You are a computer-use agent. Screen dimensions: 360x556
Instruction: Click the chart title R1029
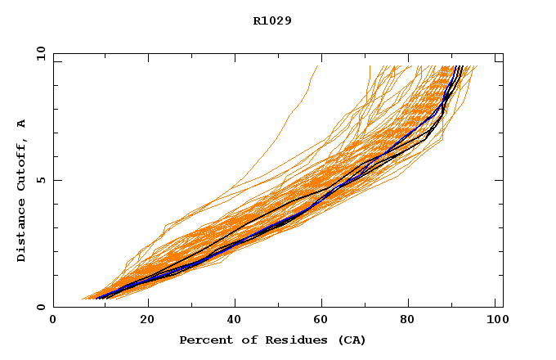coord(272,20)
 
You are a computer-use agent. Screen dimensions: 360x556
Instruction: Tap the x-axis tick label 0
coord(53,321)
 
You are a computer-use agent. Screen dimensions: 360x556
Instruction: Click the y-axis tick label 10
coord(40,54)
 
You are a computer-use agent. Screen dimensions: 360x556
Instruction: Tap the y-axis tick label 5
coord(40,180)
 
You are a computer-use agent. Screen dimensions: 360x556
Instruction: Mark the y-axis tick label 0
coord(40,307)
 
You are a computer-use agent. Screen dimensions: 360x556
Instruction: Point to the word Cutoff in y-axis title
coord(22,164)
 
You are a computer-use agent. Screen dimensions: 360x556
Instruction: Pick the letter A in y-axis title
coord(22,124)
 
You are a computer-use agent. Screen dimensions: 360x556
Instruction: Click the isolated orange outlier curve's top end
coord(316,66)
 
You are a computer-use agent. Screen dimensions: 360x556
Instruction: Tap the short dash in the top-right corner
coord(499,60)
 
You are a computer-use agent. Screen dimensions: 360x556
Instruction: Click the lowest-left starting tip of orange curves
coord(81,299)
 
